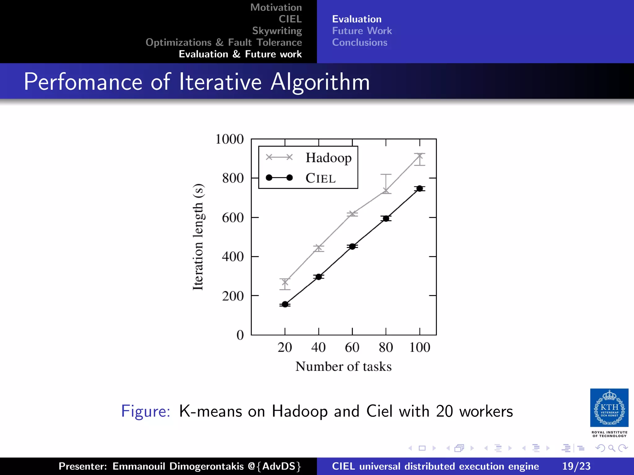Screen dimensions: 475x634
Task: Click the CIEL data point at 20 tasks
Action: (285, 305)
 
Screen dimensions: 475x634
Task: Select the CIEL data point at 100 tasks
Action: (419, 189)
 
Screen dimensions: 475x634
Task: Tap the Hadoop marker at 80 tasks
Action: (386, 190)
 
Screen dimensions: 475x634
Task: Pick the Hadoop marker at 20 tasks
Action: (285, 282)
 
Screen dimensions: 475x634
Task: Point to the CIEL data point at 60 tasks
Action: (352, 246)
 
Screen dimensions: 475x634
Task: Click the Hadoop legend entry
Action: (328, 158)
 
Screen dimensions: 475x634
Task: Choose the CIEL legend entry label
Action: (320, 178)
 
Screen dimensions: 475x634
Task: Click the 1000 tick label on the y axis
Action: (229, 139)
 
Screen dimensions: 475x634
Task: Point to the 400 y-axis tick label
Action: (233, 257)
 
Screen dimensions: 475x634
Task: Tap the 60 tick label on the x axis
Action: (352, 347)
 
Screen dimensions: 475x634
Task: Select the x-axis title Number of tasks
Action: (343, 366)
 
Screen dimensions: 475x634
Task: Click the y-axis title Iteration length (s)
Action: (198, 237)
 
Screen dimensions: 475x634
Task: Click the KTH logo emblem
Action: (609, 408)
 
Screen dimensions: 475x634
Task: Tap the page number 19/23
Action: (576, 466)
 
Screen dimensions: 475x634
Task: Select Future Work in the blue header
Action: (362, 31)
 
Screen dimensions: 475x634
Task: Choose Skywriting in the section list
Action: (277, 31)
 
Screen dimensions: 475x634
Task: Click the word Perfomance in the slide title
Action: (83, 82)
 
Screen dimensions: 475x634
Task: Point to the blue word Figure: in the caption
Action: (145, 411)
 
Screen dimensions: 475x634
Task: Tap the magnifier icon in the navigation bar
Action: (611, 448)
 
